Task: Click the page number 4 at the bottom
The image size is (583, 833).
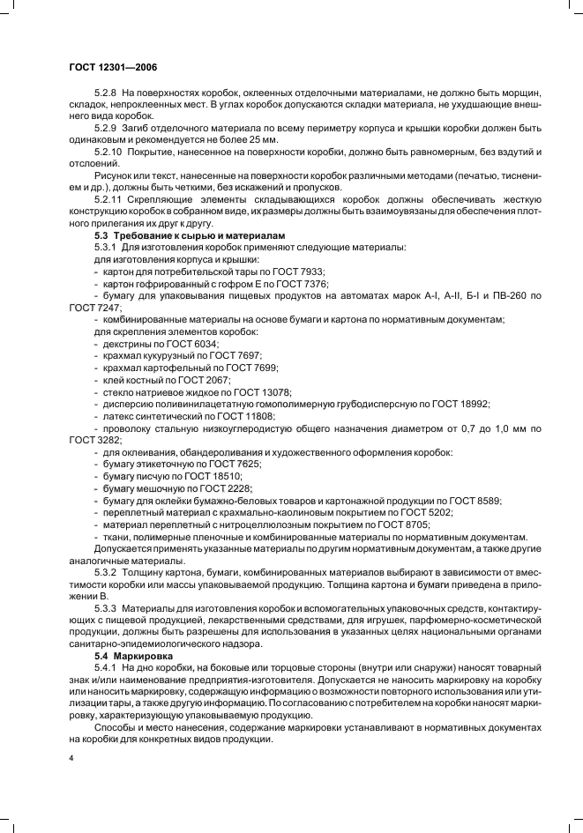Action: click(71, 758)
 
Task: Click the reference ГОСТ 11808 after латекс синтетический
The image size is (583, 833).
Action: click(248, 415)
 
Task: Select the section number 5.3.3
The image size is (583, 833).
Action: click(107, 608)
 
